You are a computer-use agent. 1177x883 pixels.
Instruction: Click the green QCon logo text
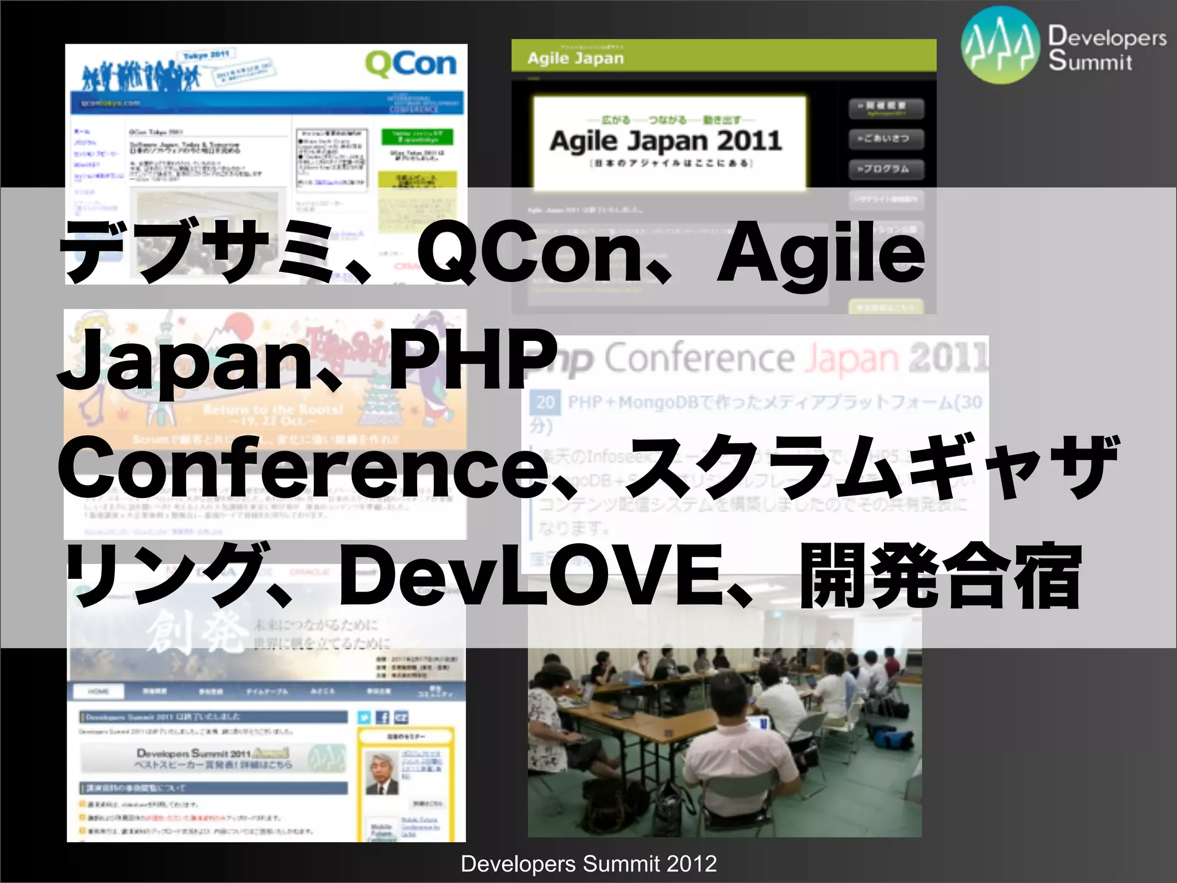411,64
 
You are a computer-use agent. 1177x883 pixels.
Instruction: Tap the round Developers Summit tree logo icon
1001,45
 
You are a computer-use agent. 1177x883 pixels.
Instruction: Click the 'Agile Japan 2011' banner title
666,141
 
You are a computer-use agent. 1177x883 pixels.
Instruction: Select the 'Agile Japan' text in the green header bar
575,58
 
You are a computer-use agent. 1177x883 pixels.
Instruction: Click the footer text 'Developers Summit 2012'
588,864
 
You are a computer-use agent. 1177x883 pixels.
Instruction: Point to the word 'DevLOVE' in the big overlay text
528,575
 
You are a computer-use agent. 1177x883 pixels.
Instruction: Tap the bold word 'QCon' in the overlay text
534,253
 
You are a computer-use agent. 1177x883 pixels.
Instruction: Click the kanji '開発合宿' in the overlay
941,577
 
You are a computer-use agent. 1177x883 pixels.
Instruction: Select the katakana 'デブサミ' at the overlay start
198,253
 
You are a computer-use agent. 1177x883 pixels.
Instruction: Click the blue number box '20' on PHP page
545,402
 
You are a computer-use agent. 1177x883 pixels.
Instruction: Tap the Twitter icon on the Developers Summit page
364,717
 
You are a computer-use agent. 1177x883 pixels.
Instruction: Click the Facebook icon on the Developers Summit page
383,717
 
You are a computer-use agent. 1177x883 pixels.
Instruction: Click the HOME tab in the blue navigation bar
98,692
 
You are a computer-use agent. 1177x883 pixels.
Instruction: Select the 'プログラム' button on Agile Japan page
886,169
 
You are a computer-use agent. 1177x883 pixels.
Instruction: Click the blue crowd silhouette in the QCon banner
141,75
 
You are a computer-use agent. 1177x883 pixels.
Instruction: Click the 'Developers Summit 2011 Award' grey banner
213,758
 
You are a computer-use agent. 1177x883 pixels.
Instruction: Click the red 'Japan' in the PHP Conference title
851,359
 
